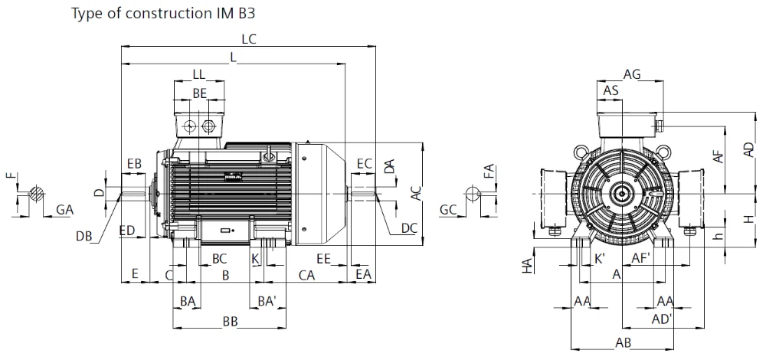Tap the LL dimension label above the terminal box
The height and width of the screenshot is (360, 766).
tap(199, 74)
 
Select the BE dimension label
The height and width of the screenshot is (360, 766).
tap(200, 93)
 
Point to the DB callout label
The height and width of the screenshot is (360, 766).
tap(83, 237)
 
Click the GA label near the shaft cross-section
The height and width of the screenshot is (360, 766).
tap(64, 210)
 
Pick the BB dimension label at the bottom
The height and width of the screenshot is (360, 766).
tap(230, 322)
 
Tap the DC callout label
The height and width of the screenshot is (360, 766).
tap(409, 228)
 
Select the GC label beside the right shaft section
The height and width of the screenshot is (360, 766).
tap(448, 210)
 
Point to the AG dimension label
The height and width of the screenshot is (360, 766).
tap(632, 74)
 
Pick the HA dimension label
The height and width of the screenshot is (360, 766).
tap(527, 265)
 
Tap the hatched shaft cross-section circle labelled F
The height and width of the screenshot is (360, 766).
tap(36, 194)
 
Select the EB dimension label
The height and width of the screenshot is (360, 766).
tap(133, 163)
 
